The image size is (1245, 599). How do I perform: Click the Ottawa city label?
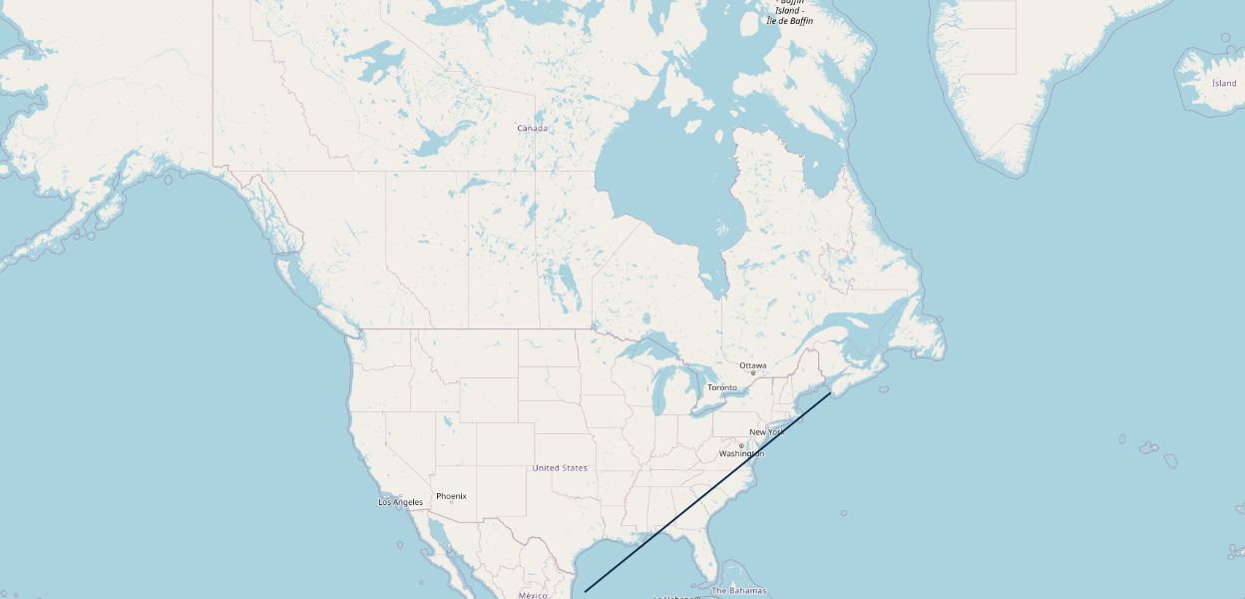753,365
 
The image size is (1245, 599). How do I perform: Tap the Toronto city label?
722,387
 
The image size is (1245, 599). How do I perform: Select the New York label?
766,432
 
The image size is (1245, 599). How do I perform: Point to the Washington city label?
741,454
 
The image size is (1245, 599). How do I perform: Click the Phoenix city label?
451,496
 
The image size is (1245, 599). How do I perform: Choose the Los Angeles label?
400,502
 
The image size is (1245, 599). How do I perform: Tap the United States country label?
560,468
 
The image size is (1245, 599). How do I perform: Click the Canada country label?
532,128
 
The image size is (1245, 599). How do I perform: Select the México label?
533,595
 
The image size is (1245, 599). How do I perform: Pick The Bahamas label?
739,591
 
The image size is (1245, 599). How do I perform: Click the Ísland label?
1224,83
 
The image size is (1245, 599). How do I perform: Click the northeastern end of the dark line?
830,393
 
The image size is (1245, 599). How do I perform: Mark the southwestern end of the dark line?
586,591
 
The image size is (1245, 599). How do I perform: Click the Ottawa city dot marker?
753,373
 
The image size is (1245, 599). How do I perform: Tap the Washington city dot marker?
741,445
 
